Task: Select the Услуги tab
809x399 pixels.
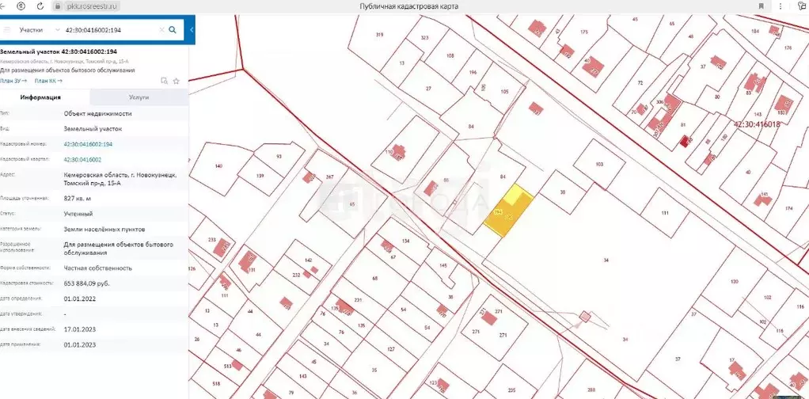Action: (x=139, y=97)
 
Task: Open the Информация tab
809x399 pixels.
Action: (x=41, y=97)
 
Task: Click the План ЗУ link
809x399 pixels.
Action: (x=13, y=81)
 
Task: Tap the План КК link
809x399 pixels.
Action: (x=48, y=81)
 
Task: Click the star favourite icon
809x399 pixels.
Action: (x=177, y=81)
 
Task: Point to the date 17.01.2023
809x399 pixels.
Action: (x=79, y=329)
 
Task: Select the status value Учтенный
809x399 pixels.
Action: (x=78, y=214)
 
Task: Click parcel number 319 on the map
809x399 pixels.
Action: (x=379, y=35)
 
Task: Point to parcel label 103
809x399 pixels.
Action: (x=598, y=164)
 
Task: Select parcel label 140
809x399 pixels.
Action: (x=218, y=165)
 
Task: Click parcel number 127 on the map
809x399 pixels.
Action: (x=390, y=349)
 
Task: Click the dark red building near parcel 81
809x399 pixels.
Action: (x=685, y=142)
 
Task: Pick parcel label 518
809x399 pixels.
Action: (x=216, y=383)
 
